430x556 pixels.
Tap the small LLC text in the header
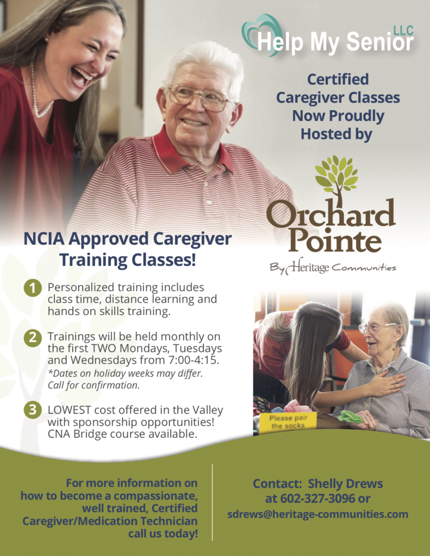404,31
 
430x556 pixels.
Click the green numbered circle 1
33,288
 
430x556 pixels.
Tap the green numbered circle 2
33,337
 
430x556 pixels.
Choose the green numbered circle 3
33,410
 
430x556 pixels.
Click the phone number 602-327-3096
317,498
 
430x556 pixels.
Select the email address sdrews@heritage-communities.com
318,514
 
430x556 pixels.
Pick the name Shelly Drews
345,484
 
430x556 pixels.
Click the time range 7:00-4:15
192,360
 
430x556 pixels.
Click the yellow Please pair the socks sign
288,421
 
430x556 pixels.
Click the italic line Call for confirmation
94,386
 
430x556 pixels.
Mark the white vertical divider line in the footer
213,502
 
